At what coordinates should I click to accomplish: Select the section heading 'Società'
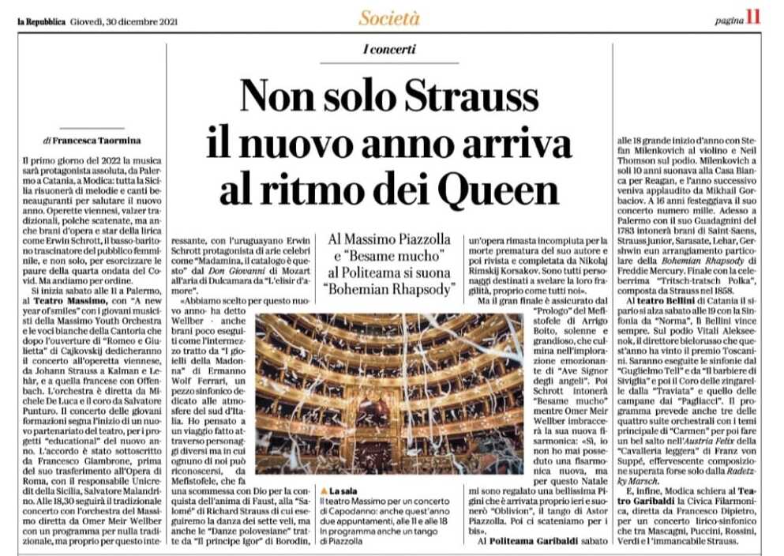coord(389,18)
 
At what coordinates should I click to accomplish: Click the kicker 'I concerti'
coord(389,50)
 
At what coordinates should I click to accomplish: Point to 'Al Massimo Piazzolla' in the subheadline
coord(389,236)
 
